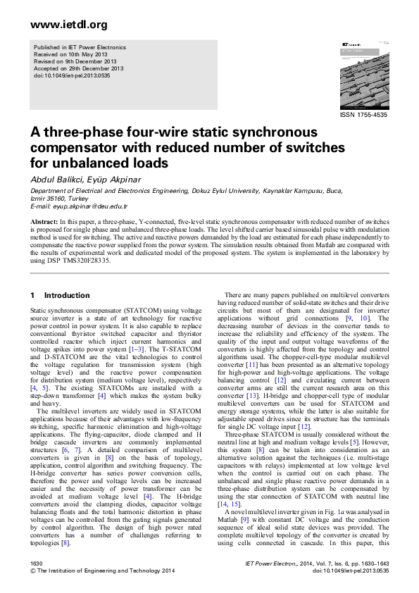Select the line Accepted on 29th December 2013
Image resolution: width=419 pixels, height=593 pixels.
pyautogui.click(x=78, y=68)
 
